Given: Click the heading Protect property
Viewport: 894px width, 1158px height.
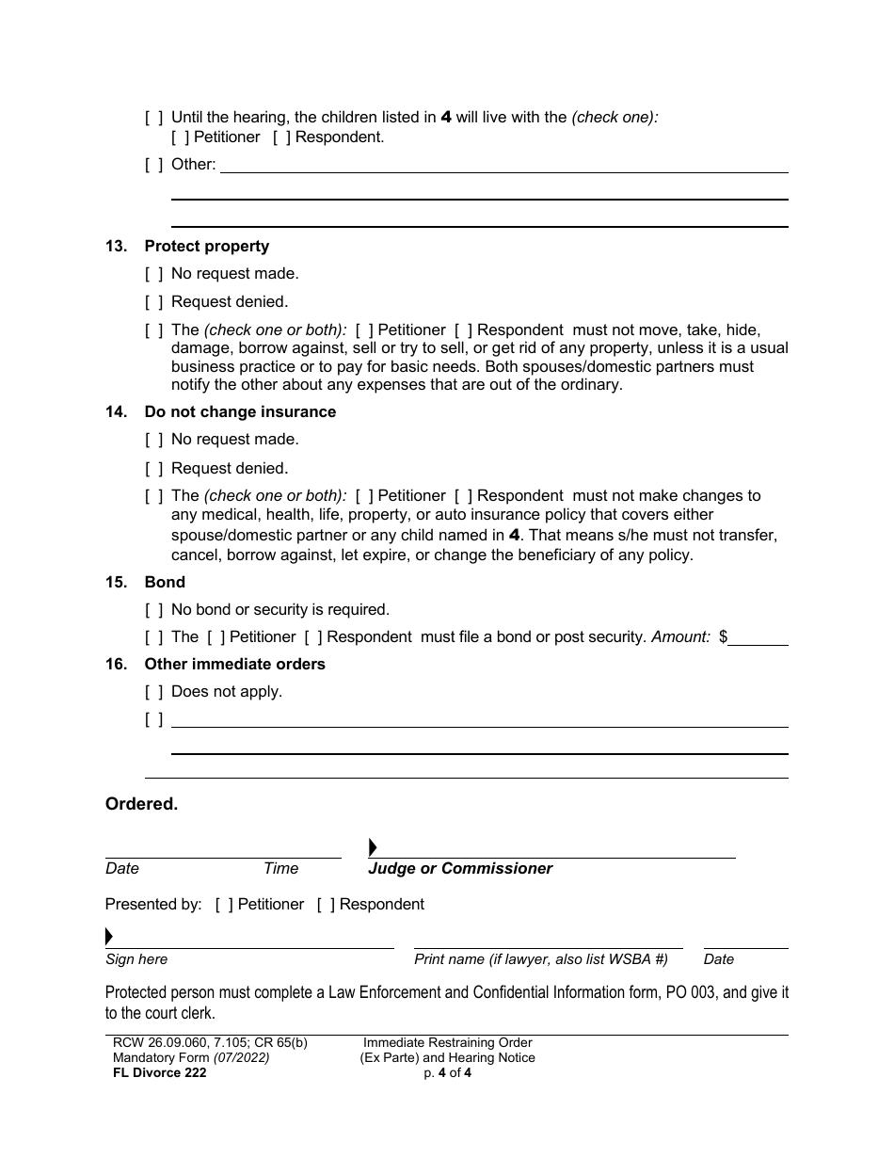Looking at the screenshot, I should point(206,247).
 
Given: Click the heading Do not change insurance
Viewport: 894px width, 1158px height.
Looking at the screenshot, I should point(240,412).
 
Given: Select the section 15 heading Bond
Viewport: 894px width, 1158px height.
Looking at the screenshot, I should point(165,583).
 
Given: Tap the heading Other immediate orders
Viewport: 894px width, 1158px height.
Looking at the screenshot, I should point(234,665).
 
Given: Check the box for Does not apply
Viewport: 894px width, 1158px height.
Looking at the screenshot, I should point(153,692).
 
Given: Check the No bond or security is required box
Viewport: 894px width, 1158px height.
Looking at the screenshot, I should point(153,610).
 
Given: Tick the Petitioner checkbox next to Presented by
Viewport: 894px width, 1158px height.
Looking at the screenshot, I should point(224,905).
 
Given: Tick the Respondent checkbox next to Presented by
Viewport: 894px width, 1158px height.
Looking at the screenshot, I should point(326,905).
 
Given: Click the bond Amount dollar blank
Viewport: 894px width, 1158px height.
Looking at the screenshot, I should point(758,637).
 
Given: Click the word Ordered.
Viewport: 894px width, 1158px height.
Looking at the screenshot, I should point(141,805).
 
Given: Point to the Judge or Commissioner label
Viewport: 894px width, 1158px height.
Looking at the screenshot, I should point(460,869).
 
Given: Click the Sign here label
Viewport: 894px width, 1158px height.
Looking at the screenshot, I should point(136,959).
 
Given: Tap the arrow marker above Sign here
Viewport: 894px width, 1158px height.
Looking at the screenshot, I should point(109,937).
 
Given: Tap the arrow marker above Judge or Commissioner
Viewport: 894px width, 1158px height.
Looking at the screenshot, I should point(373,847).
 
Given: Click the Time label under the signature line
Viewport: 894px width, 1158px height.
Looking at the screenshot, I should point(280,869).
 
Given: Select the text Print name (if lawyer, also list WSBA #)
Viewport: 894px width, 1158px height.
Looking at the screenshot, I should point(540,959).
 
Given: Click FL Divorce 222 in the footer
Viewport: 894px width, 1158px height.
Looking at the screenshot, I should point(155,1073).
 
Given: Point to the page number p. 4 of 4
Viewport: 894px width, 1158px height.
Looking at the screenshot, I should point(447,1073).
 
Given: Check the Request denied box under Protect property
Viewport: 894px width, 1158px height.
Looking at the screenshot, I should point(153,302).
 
